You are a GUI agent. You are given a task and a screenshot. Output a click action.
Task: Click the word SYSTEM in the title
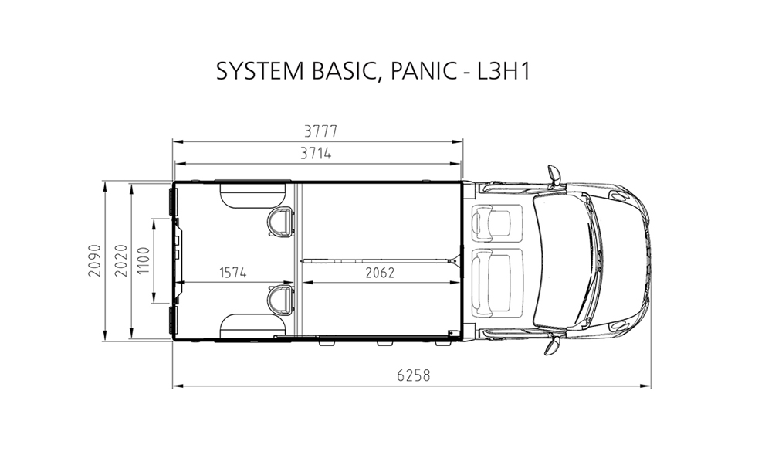click(259, 71)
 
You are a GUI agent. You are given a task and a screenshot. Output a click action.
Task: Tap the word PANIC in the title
click(423, 71)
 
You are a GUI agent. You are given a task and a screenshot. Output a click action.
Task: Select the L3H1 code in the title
click(503, 71)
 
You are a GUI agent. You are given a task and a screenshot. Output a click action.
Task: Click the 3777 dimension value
click(320, 131)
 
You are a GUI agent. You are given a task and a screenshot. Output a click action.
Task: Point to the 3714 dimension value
click(316, 154)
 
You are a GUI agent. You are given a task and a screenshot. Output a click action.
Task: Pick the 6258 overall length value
click(414, 375)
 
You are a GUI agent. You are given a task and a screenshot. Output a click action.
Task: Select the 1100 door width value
click(144, 261)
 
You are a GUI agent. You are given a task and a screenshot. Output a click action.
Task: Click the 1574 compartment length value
click(233, 273)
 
